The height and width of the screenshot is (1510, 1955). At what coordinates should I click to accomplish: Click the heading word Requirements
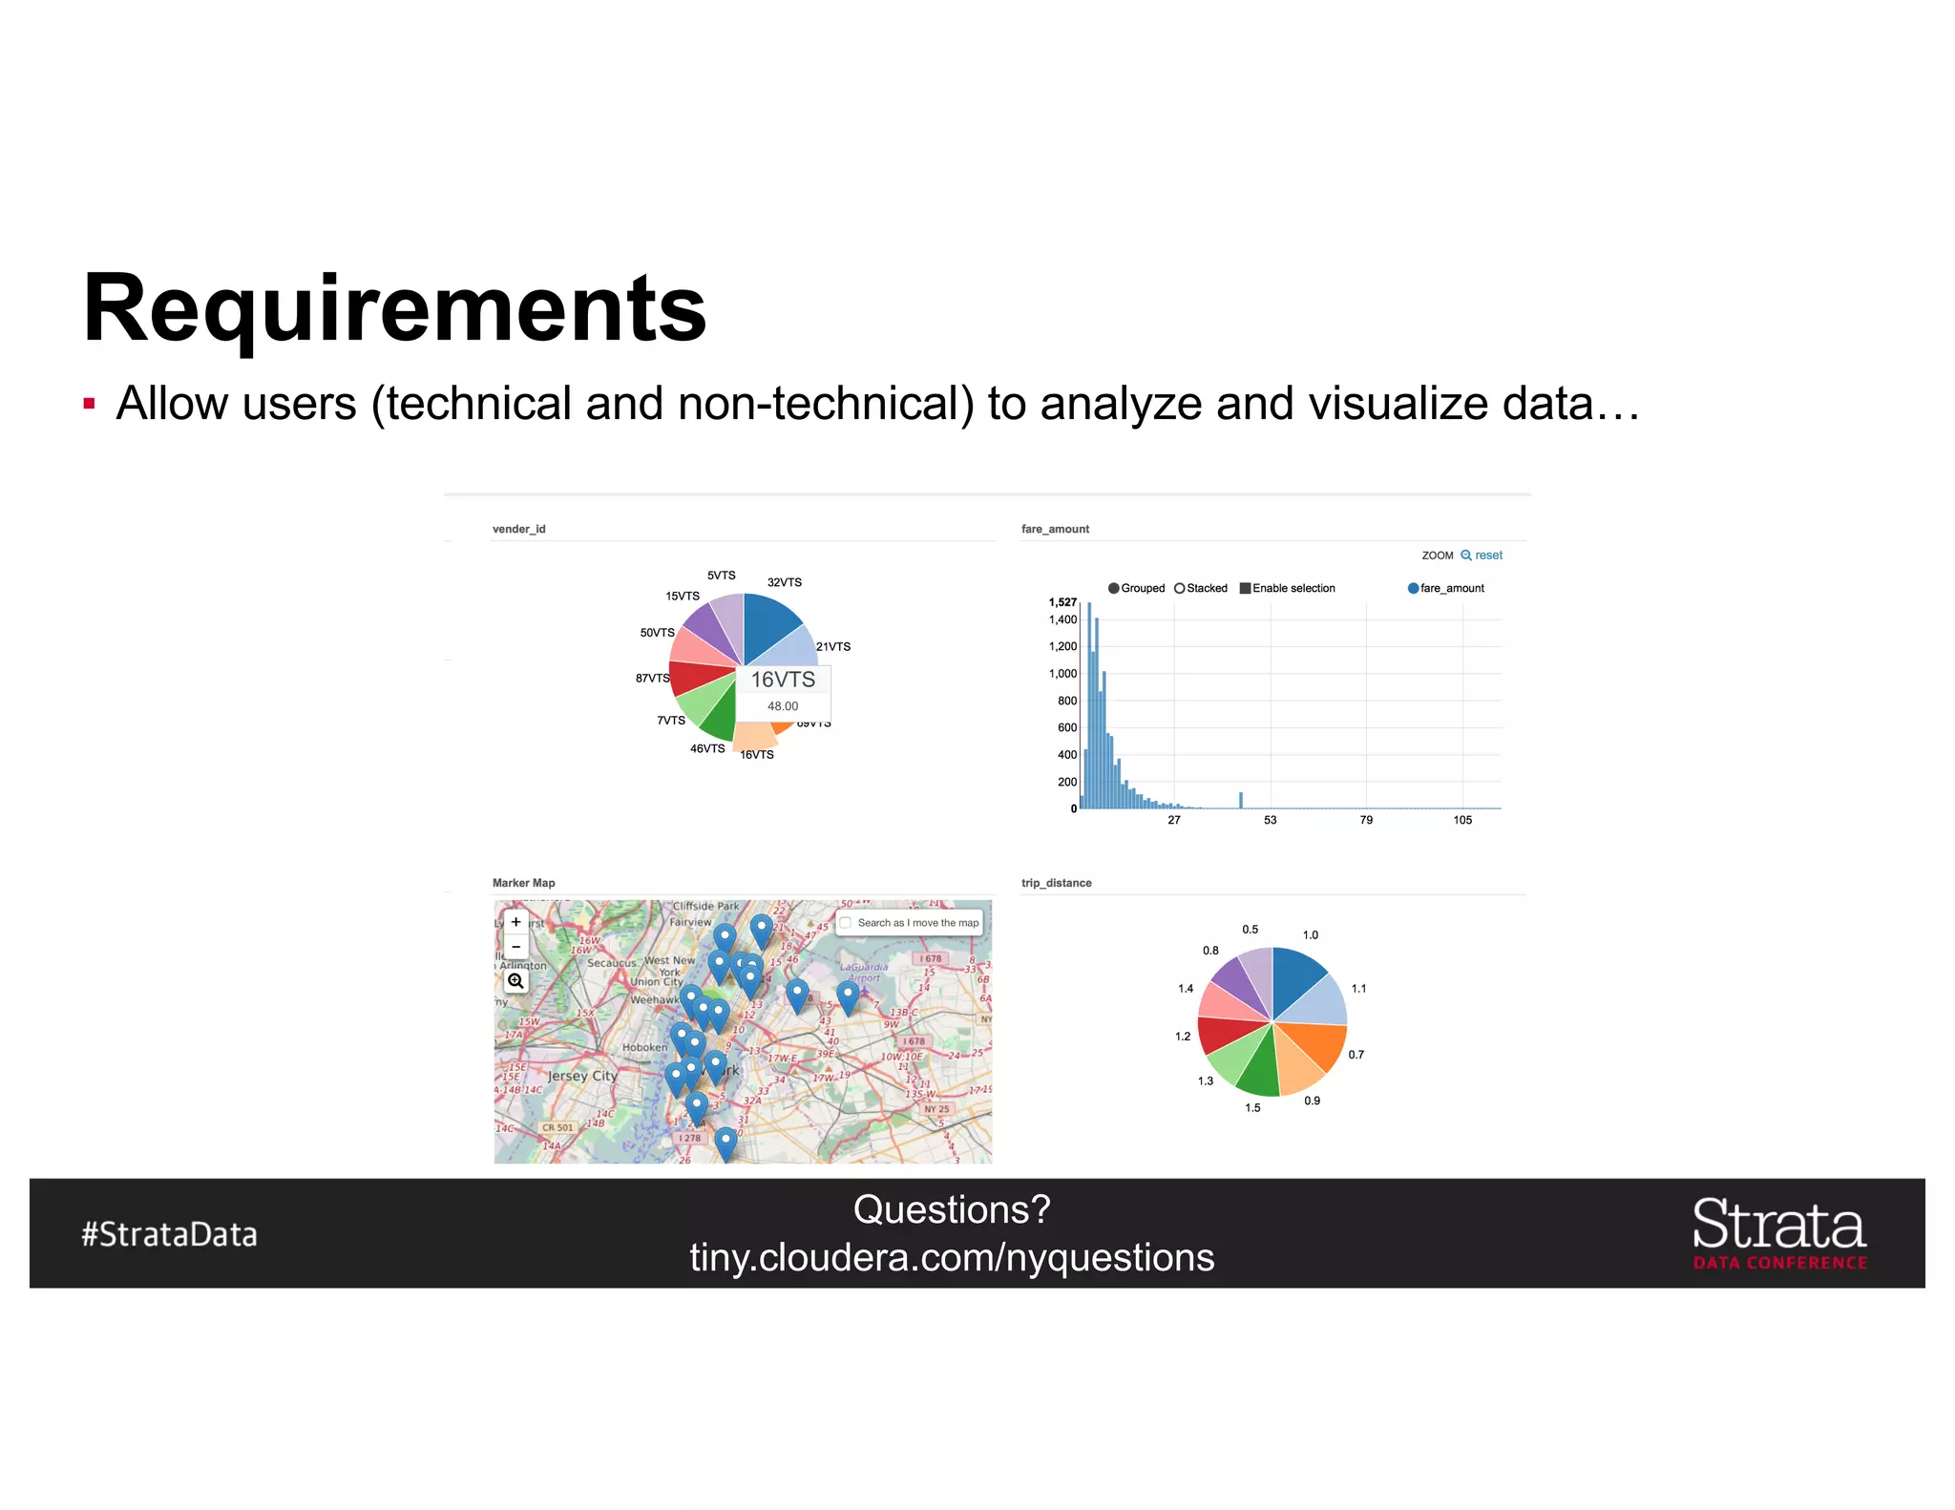(x=394, y=308)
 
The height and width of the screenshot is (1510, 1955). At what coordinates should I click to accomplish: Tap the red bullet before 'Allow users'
(x=90, y=404)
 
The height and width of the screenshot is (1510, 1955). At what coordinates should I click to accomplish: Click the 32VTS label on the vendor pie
(x=784, y=582)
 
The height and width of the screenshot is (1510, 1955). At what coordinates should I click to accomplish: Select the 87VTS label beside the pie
(x=652, y=678)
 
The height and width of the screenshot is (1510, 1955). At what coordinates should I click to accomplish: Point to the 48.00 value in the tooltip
(x=783, y=706)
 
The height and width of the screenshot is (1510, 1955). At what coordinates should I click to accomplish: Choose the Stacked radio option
(x=1180, y=588)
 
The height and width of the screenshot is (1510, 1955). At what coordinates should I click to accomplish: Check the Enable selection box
(x=1245, y=588)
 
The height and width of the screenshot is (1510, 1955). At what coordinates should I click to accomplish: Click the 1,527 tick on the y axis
(x=1062, y=602)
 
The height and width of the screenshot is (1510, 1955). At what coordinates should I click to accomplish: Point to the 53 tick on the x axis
(x=1270, y=820)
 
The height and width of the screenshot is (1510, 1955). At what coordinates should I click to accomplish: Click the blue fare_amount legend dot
(x=1413, y=588)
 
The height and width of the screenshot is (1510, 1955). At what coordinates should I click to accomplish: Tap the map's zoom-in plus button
(x=515, y=922)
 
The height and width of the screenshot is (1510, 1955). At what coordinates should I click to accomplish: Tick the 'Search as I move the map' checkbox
(x=845, y=923)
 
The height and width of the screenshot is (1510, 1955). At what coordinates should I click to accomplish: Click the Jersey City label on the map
(x=582, y=1076)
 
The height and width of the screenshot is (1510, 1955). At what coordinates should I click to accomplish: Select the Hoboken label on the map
(x=644, y=1047)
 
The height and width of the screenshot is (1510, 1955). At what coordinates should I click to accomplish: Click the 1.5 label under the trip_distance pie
(x=1252, y=1108)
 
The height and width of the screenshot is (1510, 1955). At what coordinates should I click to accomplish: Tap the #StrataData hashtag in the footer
(x=169, y=1234)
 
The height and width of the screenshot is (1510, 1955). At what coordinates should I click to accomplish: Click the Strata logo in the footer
(x=1778, y=1232)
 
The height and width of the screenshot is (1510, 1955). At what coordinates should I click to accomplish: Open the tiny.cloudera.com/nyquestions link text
(x=952, y=1258)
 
